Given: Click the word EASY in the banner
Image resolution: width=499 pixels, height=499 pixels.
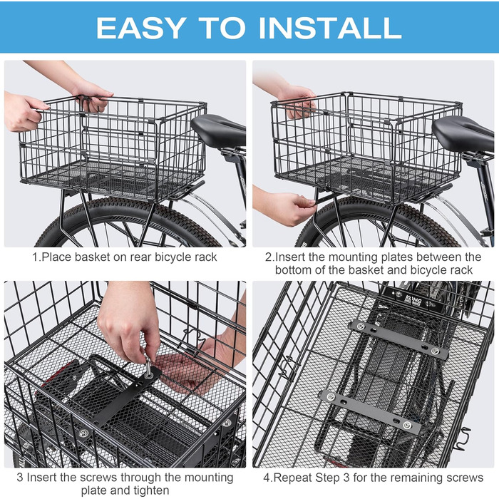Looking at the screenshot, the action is point(141,28).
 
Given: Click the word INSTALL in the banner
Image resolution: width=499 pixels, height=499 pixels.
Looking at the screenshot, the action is point(330,28).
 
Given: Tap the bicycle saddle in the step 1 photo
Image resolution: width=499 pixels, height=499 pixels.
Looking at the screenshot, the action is point(219,130).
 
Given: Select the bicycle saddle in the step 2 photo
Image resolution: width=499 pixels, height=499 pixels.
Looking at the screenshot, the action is point(463,133).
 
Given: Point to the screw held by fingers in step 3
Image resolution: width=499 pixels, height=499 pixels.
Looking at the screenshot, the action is point(148,366).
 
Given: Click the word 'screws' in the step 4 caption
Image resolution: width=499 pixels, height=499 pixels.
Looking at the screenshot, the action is point(465,478).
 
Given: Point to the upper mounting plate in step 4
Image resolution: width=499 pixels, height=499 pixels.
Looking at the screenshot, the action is point(398,339).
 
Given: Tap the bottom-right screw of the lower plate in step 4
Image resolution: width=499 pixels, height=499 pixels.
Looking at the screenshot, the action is point(407,425).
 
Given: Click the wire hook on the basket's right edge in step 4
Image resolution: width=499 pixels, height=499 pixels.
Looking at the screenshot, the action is point(462,440).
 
